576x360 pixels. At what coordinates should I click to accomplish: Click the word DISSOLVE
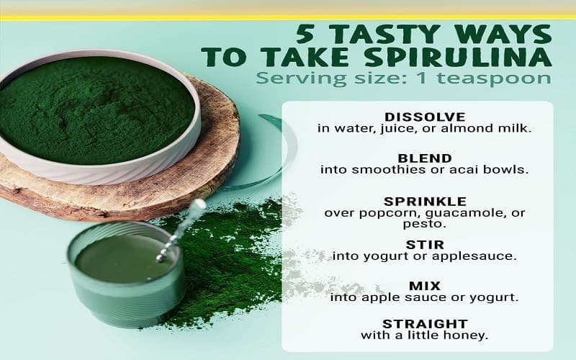425,117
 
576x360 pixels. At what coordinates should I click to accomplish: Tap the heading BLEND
425,158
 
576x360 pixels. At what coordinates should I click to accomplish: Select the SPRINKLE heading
425,202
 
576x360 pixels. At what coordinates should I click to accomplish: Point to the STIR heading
425,245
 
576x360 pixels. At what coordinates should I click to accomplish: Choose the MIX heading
425,286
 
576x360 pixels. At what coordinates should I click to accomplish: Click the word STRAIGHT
425,325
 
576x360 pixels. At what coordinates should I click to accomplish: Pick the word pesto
424,224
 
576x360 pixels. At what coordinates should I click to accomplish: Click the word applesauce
474,256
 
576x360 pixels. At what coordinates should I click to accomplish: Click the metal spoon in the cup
181,230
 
